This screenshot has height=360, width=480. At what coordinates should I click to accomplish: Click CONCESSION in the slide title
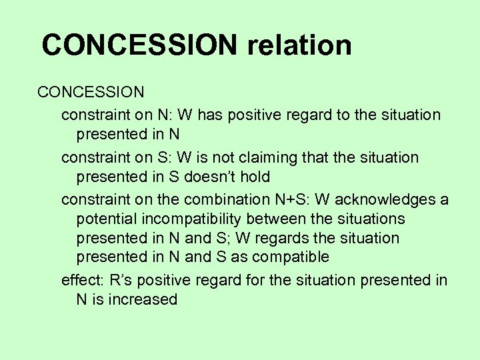139,45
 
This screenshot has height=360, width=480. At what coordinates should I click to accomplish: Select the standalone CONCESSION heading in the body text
91,91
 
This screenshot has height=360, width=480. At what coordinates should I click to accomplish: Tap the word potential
109,219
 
